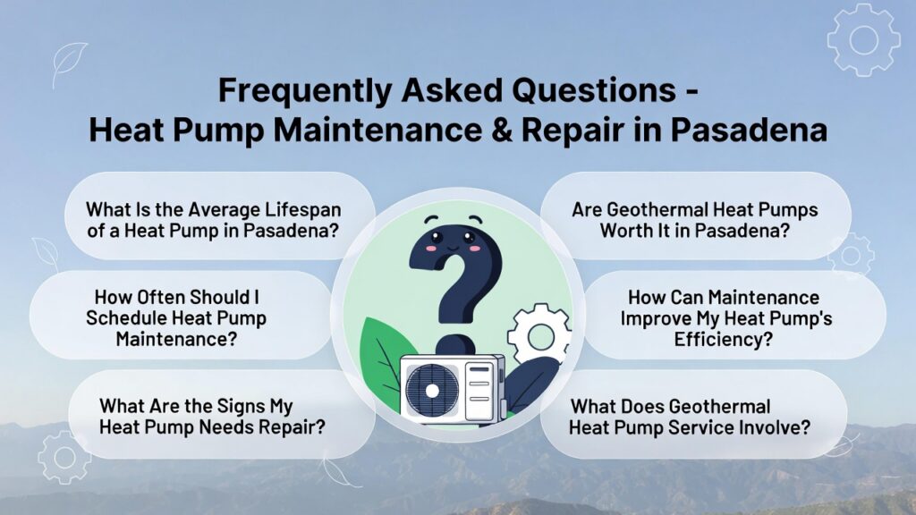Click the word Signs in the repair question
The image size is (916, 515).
click(x=255, y=406)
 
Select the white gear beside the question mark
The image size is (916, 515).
click(x=539, y=335)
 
